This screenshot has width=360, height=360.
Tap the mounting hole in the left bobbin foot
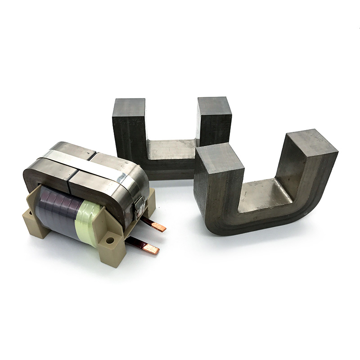pos(30,213)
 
